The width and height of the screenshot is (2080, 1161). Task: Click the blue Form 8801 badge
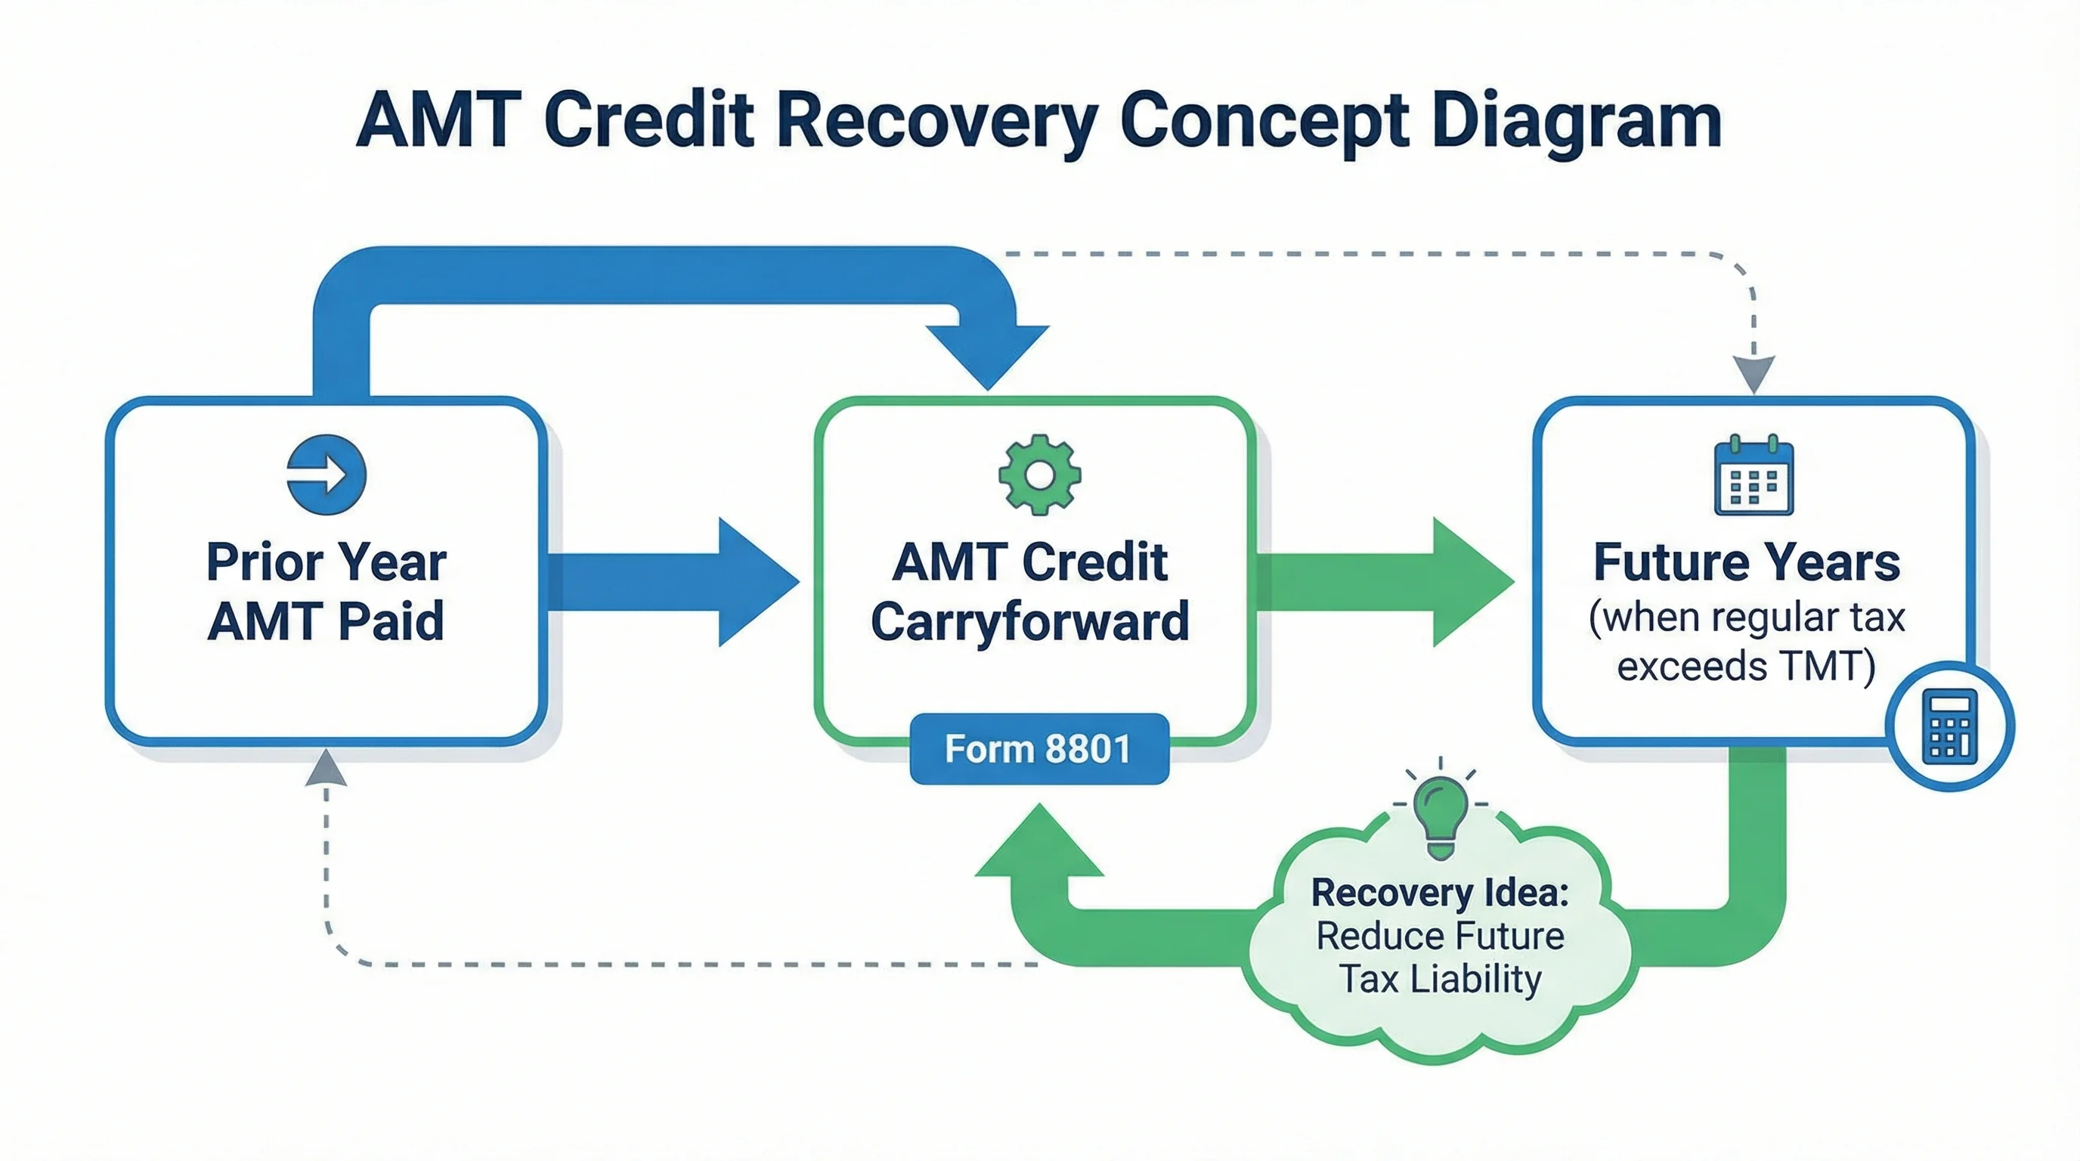(x=1038, y=748)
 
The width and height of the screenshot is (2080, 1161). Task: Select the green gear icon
(x=1039, y=475)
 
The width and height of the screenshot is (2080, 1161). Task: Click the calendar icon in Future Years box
(x=1753, y=476)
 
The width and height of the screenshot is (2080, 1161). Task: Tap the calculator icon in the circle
(x=1949, y=726)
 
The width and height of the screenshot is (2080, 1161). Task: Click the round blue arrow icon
(x=327, y=475)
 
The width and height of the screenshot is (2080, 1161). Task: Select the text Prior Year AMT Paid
(x=327, y=591)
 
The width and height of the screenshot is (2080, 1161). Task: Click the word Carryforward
(x=1029, y=621)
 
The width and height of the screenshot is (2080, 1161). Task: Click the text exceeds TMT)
(x=1747, y=667)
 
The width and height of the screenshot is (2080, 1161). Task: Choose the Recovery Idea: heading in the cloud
(x=1440, y=892)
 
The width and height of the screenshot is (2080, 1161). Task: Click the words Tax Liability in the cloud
(x=1440, y=980)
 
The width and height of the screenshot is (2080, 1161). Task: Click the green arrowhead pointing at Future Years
(x=1468, y=581)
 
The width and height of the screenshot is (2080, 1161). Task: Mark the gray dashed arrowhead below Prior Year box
(x=327, y=769)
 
